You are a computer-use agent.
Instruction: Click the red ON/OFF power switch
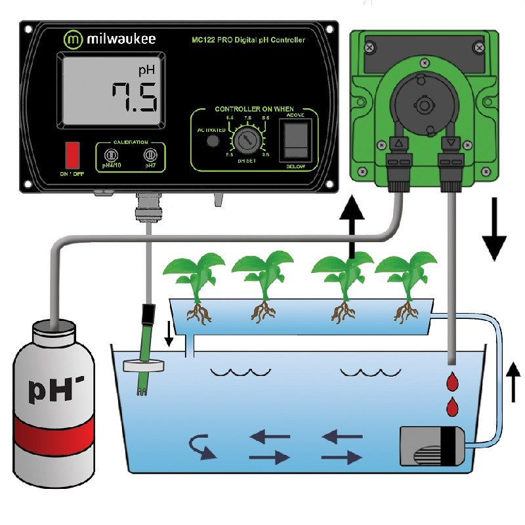[72, 155]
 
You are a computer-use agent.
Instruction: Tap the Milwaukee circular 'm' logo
[73, 39]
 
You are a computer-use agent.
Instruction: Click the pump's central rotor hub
[425, 105]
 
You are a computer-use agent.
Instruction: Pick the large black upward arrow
[353, 223]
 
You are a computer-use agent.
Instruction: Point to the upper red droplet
[452, 381]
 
